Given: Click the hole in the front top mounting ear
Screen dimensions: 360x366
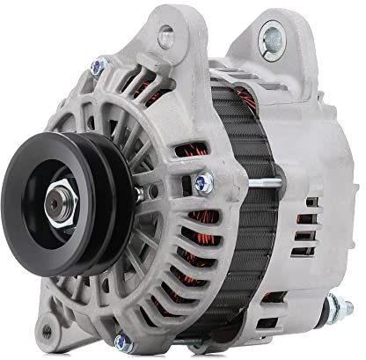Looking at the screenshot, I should click(164, 36).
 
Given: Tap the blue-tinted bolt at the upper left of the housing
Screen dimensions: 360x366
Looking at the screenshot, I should click(99, 63).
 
